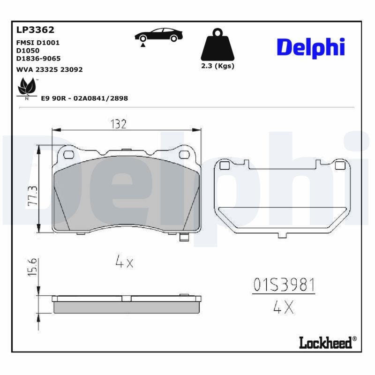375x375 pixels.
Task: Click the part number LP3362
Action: pyautogui.click(x=36, y=30)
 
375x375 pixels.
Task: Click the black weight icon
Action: pyautogui.click(x=217, y=45)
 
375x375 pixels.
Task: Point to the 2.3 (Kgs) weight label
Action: pyautogui.click(x=217, y=66)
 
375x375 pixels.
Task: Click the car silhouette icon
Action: pyautogui.click(x=158, y=36)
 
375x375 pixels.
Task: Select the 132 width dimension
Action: pyautogui.click(x=119, y=124)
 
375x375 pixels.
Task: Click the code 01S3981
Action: pyautogui.click(x=284, y=285)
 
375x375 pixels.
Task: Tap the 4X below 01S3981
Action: pyautogui.click(x=283, y=307)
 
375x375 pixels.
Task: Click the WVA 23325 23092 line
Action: pyautogui.click(x=49, y=69)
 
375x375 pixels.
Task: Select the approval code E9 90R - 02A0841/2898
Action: pyautogui.click(x=85, y=98)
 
